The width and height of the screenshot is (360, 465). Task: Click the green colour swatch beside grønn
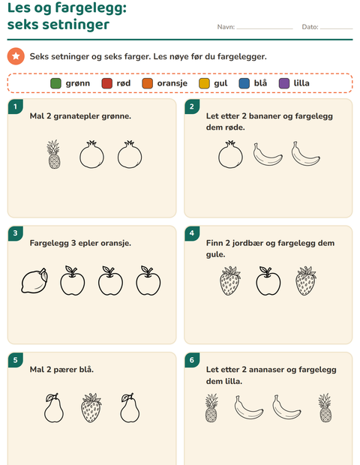pyautogui.click(x=55, y=83)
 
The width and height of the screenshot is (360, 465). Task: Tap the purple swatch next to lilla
pyautogui.click(x=284, y=83)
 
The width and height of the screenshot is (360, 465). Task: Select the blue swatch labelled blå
pyautogui.click(x=244, y=83)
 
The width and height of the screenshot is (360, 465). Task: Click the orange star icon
pyautogui.click(x=16, y=56)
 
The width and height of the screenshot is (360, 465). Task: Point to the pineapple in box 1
pyautogui.click(x=54, y=154)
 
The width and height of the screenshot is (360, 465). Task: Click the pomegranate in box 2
pyautogui.click(x=230, y=154)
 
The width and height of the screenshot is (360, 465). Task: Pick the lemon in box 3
pyautogui.click(x=34, y=280)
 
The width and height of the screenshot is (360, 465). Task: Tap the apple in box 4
pyautogui.click(x=268, y=280)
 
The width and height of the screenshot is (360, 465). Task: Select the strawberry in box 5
pyautogui.click(x=91, y=408)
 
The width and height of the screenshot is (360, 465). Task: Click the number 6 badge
pyautogui.click(x=192, y=360)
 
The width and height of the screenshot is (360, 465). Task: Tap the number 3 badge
pyautogui.click(x=16, y=233)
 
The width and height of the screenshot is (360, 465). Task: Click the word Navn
pyautogui.click(x=226, y=27)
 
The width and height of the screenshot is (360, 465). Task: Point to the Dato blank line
pyautogui.click(x=336, y=28)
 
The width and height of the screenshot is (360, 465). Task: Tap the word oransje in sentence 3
pyautogui.click(x=115, y=243)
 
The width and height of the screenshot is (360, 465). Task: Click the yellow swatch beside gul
pyautogui.click(x=204, y=83)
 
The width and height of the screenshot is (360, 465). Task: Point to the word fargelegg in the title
pyautogui.click(x=91, y=8)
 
